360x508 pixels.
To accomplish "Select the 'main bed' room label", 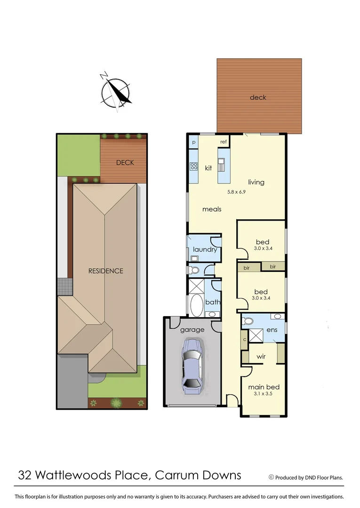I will [264, 387].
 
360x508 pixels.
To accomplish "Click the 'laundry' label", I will [205, 249].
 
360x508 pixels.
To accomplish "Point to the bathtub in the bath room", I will [196, 305].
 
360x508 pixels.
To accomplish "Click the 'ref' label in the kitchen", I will [224, 142].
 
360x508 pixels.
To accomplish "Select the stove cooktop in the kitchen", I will [193, 166].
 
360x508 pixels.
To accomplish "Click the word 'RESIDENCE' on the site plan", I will [106, 271].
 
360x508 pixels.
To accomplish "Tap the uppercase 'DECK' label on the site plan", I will [125, 163].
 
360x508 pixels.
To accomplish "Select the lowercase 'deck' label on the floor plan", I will [258, 97].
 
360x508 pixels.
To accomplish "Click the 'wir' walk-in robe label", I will [261, 357].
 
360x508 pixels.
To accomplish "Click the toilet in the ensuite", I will [248, 321].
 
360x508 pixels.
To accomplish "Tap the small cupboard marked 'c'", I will [244, 339].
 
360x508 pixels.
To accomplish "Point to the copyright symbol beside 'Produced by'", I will [271, 477].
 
